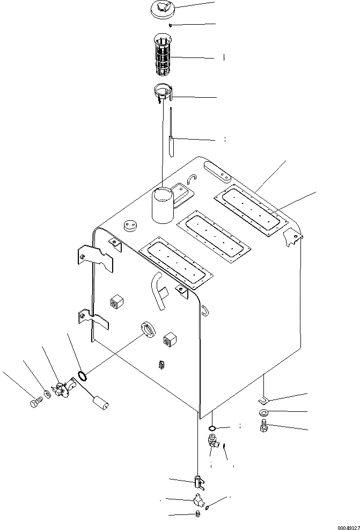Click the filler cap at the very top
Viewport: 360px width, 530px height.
(161, 10)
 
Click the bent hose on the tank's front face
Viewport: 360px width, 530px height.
(159, 290)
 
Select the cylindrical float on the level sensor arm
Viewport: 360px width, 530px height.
(100, 402)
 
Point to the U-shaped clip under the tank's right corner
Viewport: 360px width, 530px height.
(264, 400)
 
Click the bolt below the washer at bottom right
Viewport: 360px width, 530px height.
(263, 426)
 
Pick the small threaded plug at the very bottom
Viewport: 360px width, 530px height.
(197, 514)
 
